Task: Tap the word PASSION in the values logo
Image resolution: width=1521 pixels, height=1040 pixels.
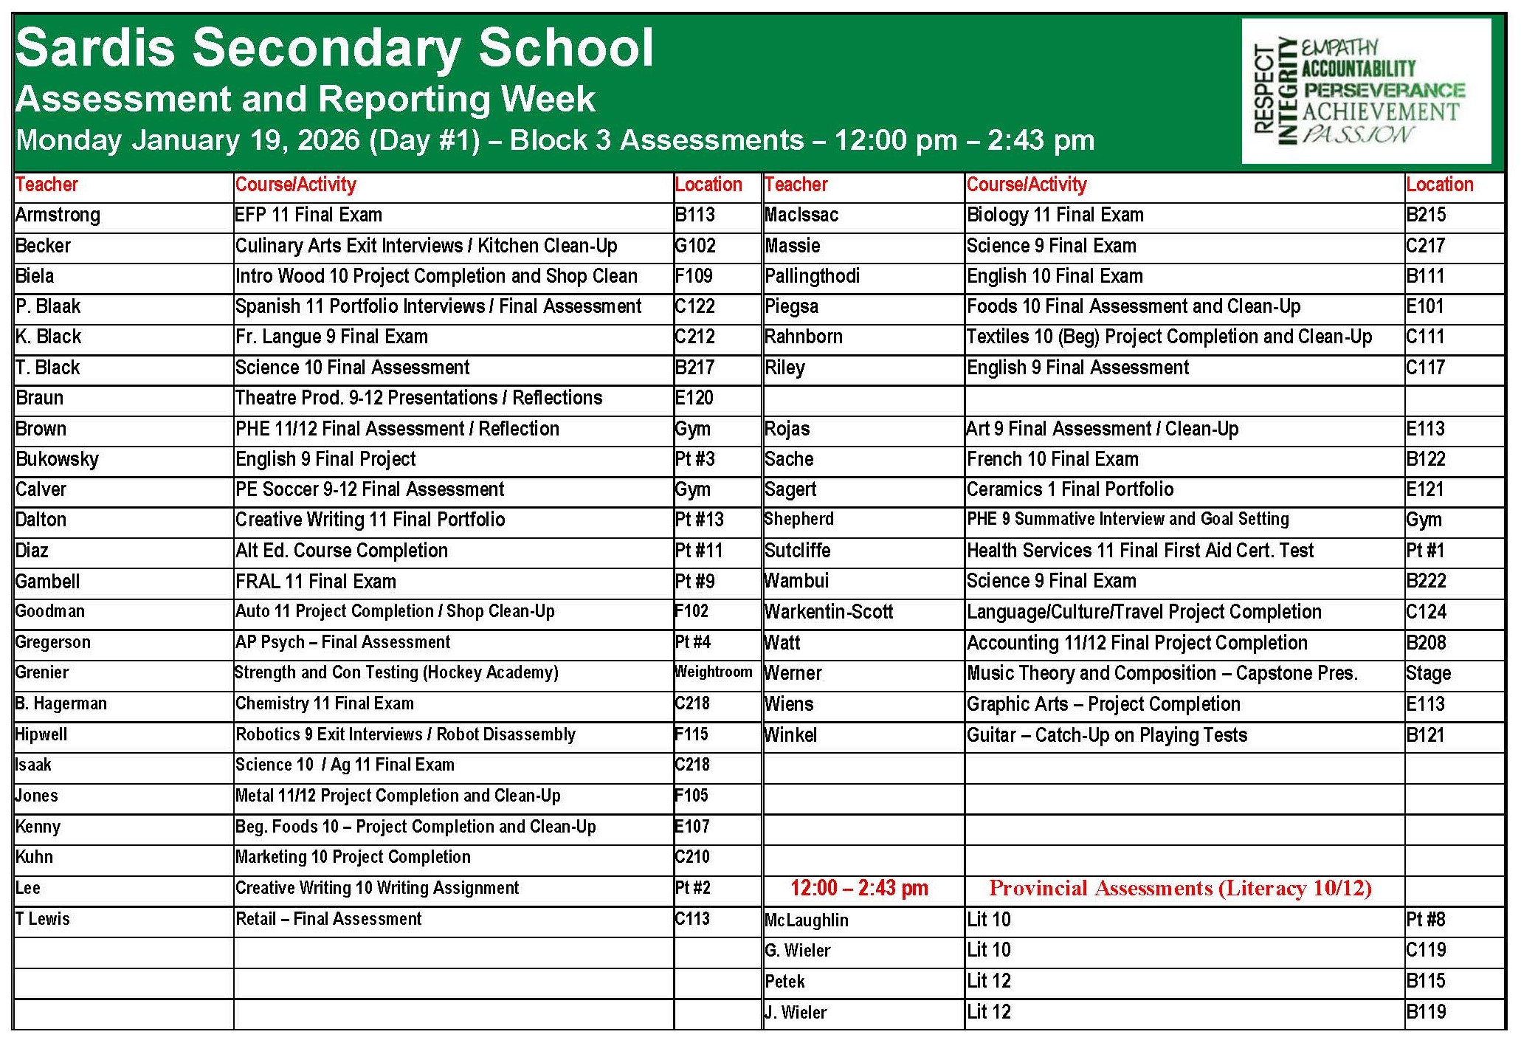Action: click(x=1357, y=135)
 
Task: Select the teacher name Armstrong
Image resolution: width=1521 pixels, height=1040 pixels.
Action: click(x=58, y=216)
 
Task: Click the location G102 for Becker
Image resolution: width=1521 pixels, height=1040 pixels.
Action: click(x=695, y=246)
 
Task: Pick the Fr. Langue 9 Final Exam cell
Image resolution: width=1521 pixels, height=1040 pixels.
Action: click(x=331, y=337)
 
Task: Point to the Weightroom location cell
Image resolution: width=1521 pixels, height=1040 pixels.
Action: click(x=714, y=672)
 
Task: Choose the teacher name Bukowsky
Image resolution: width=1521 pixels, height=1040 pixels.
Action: click(x=57, y=459)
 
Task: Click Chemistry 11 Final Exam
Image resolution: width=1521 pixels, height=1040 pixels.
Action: click(x=325, y=703)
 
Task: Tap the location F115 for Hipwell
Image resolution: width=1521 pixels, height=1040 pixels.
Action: click(x=691, y=734)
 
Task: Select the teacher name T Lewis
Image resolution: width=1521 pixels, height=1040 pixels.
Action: click(x=43, y=919)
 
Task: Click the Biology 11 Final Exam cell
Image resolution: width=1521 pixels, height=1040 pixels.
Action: click(x=1055, y=216)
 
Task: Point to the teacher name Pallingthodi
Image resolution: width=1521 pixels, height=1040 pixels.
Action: click(x=812, y=276)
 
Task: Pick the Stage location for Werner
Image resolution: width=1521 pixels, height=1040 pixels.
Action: click(x=1428, y=673)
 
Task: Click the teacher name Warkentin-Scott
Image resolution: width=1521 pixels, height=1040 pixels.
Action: click(x=829, y=612)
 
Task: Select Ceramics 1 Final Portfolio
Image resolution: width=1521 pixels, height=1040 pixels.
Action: click(x=1070, y=489)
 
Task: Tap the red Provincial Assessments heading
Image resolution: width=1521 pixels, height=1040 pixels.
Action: click(x=1180, y=888)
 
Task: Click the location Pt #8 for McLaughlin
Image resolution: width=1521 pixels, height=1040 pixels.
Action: click(x=1425, y=920)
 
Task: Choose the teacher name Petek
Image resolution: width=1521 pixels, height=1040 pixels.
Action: click(x=784, y=982)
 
